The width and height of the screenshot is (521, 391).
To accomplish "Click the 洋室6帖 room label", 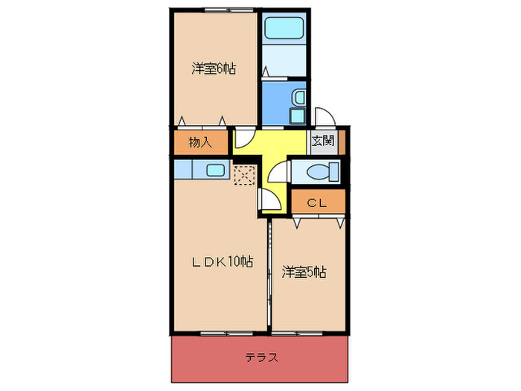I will point(214,69).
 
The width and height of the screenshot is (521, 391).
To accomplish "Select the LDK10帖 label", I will point(223,261).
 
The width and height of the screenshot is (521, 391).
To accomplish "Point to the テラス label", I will point(262,357).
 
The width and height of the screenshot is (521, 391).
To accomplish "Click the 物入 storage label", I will point(199,142).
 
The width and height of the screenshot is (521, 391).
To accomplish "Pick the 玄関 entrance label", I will point(322,141).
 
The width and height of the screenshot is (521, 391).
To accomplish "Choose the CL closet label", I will point(317,201).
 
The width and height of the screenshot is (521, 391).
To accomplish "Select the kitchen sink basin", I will point(215,171).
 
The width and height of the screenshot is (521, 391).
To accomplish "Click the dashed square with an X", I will point(244,176).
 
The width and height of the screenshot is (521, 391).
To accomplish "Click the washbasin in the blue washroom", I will point(298,98).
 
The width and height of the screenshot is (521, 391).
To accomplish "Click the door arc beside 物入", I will point(243,139).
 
